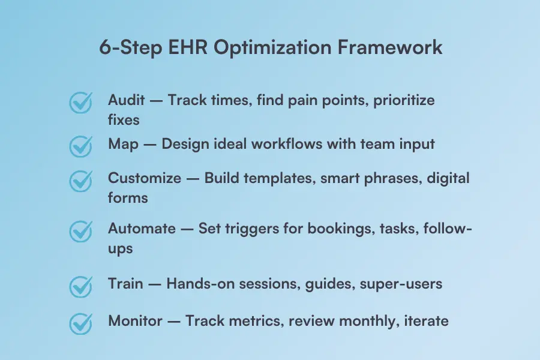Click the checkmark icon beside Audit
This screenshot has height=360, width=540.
[81, 103]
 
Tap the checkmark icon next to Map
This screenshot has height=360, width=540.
[81, 146]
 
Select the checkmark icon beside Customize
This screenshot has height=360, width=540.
[81, 181]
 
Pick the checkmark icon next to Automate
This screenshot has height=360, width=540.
[81, 232]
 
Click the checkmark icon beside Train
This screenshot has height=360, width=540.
[81, 286]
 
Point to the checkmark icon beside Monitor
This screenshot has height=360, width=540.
[81, 323]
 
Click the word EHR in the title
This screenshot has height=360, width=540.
[188, 47]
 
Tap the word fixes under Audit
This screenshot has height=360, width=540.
[124, 119]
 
